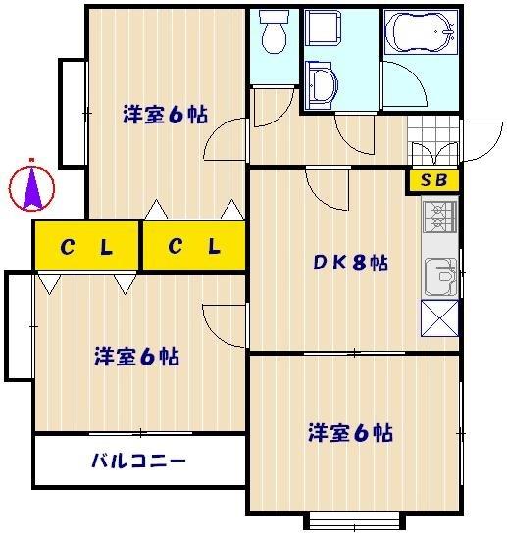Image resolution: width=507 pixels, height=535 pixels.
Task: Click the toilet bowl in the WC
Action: [274, 35]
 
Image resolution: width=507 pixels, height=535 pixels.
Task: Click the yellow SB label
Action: [432, 180]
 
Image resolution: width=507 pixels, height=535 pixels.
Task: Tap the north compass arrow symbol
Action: [31, 185]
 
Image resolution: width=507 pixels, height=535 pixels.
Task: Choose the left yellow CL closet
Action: [86, 247]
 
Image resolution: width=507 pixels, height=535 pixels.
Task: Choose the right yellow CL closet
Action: [193, 247]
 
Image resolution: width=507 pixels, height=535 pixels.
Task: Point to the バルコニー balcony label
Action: [138, 461]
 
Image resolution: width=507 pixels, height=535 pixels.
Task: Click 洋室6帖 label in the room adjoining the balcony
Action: [136, 356]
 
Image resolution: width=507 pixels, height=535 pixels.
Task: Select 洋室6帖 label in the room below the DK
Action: [350, 432]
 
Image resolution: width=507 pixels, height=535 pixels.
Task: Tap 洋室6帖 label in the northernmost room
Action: [164, 114]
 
